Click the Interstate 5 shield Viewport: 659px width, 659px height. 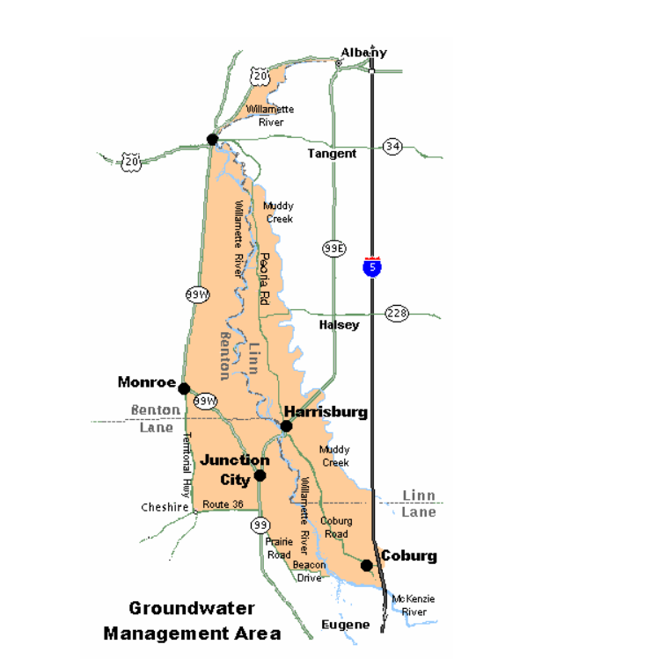pos(372,267)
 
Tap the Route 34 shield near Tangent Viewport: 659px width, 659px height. pos(392,147)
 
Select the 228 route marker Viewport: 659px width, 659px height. pos(398,314)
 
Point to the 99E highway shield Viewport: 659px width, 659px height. pos(333,249)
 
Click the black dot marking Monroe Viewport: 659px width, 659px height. pos(184,388)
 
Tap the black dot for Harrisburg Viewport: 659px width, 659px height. pos(286,426)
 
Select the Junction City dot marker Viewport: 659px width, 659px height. pos(260,476)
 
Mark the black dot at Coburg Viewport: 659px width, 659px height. pos(367,565)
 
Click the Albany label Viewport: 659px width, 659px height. pos(364,53)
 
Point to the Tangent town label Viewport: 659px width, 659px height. pos(332,154)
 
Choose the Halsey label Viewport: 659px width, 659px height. pos(339,325)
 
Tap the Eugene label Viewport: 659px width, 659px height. pos(346,625)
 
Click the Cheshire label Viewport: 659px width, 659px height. pos(165,507)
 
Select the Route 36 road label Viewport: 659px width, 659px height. pos(222,504)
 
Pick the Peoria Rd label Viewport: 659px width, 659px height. pos(263,279)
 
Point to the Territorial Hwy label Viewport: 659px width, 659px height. pos(186,463)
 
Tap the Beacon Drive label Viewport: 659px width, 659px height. pos(309,571)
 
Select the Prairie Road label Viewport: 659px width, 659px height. pos(279,548)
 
